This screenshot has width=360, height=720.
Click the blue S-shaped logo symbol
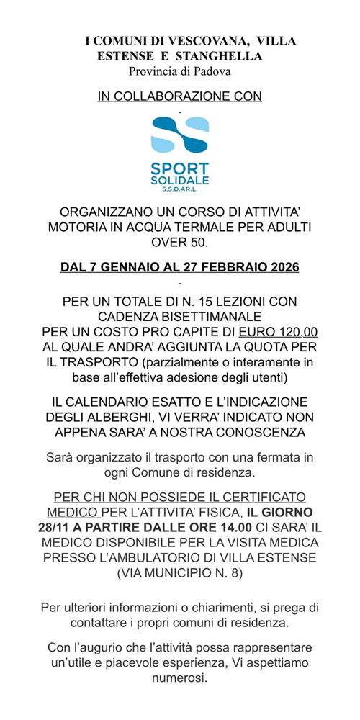(179, 138)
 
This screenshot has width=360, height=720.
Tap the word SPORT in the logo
(180, 168)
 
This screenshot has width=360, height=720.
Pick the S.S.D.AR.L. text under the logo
(180, 189)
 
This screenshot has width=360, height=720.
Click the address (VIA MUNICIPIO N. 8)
(180, 573)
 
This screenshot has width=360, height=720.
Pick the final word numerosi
(180, 678)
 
